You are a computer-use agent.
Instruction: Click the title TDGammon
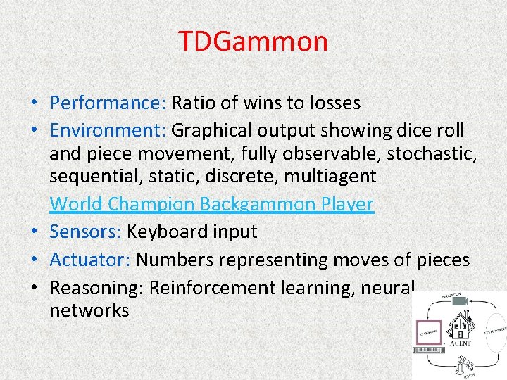pos(253,41)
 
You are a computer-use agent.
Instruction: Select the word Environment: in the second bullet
pos(108,130)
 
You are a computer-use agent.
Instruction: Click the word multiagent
pos(330,175)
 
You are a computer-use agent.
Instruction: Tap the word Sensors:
pos(86,232)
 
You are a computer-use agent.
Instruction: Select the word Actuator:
pos(90,260)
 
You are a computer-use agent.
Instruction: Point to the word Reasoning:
pos(96,288)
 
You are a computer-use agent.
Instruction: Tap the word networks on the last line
pos(89,310)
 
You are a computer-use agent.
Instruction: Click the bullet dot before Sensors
pos(35,232)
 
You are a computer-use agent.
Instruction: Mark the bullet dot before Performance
pos(35,103)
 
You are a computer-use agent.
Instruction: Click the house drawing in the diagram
pos(462,327)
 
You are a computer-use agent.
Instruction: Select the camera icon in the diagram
pos(462,300)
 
